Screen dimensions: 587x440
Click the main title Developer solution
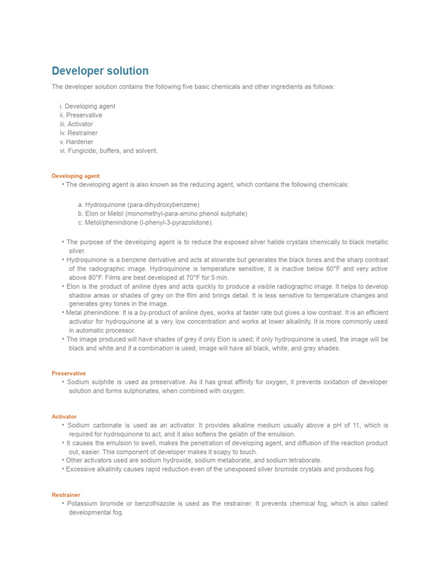coord(100,71)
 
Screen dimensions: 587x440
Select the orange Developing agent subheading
coord(76,176)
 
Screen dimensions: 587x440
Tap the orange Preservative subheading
coord(69,373)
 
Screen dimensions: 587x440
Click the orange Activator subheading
coord(64,417)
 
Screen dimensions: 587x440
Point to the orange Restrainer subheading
coord(66,495)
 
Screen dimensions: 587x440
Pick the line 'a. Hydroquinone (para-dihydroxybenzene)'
coord(139,205)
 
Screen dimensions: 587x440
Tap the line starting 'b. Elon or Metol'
coord(163,213)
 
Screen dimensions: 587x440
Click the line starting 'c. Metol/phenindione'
coord(146,222)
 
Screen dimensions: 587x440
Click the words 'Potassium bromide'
coord(94,503)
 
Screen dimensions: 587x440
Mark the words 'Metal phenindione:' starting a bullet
coord(92,312)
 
